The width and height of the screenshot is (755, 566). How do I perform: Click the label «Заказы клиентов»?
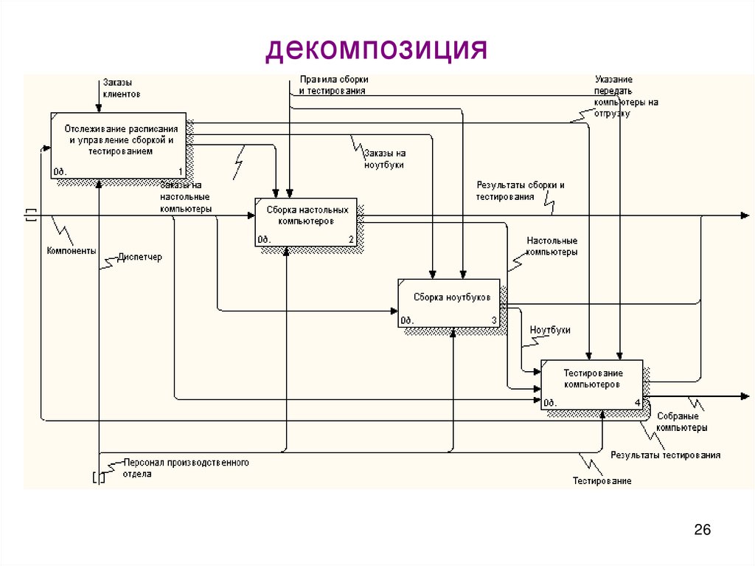[x=122, y=89]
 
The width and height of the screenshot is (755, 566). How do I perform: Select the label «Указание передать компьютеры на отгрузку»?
[x=626, y=96]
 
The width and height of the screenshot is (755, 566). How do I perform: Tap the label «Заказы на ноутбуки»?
[x=383, y=159]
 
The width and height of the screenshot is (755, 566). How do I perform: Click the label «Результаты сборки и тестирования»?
[x=520, y=191]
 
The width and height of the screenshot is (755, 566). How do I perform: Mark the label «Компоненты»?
[x=72, y=251]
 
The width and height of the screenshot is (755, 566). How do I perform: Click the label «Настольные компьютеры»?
[x=552, y=246]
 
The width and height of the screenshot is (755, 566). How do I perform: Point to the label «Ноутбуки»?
[x=549, y=331]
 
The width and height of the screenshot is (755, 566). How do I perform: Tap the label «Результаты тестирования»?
[x=665, y=455]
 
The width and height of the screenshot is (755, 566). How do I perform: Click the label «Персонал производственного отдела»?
[x=186, y=468]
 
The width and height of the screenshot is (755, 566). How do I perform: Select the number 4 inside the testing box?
[x=637, y=403]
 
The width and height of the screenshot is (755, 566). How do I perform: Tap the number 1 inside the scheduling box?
[x=180, y=172]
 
